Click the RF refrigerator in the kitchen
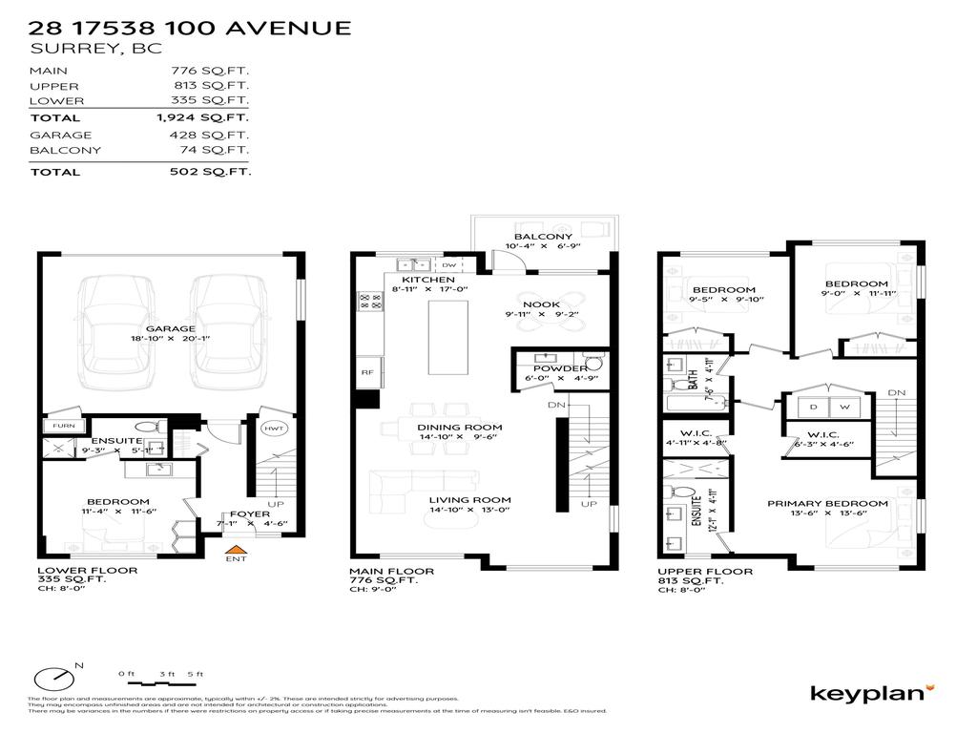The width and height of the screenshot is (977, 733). coord(366,372)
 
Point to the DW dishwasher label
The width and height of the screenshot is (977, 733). coord(449,264)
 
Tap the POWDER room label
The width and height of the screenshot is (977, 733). coord(560,368)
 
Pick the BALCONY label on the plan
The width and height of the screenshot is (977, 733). coord(543,237)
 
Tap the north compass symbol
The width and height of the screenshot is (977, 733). coord(53,679)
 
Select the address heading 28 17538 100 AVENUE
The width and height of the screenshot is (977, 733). coord(190,28)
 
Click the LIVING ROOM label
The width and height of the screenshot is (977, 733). coord(469,499)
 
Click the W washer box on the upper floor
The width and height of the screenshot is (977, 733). coord(843,408)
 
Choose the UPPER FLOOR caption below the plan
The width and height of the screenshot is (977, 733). coord(705,572)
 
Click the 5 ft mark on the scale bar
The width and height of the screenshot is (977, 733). coord(196,675)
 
